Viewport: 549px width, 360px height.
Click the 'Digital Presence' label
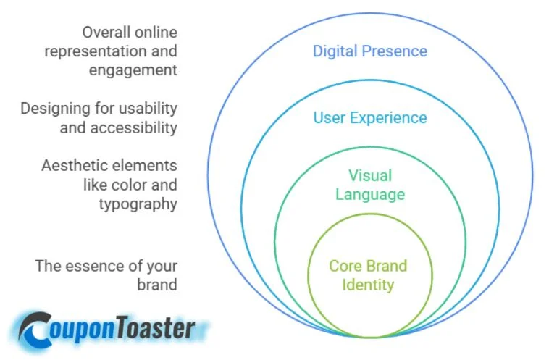pyautogui.click(x=369, y=51)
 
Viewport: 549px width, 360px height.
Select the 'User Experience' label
pyautogui.click(x=369, y=117)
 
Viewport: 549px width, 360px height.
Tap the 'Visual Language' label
pyautogui.click(x=369, y=185)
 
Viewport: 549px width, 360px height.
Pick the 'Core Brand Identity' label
pyautogui.click(x=368, y=275)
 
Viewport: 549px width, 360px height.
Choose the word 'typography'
pyautogui.click(x=138, y=204)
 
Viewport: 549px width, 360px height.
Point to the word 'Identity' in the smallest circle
pyautogui.click(x=368, y=284)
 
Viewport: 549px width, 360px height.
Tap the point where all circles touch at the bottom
pyautogui.click(x=370, y=338)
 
